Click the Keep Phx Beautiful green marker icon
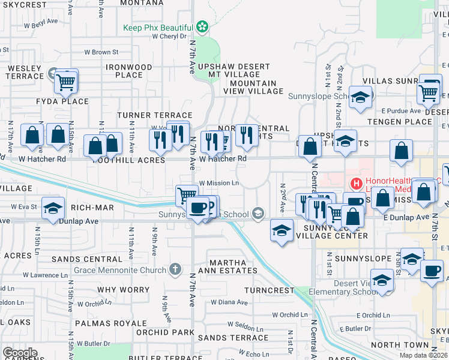click(x=203, y=27)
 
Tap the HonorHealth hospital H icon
click(x=355, y=183)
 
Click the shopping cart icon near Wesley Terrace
click(x=66, y=82)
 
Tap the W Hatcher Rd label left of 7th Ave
click(x=42, y=159)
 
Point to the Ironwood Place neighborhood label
click(x=128, y=71)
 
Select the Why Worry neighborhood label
click(x=123, y=290)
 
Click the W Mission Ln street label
click(x=218, y=183)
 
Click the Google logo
click(x=20, y=353)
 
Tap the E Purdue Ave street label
click(x=402, y=110)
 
